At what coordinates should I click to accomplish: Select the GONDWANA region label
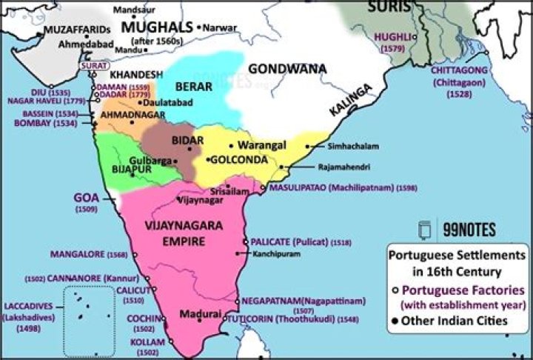coord(287,68)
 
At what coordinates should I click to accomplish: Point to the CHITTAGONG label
coord(463,71)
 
